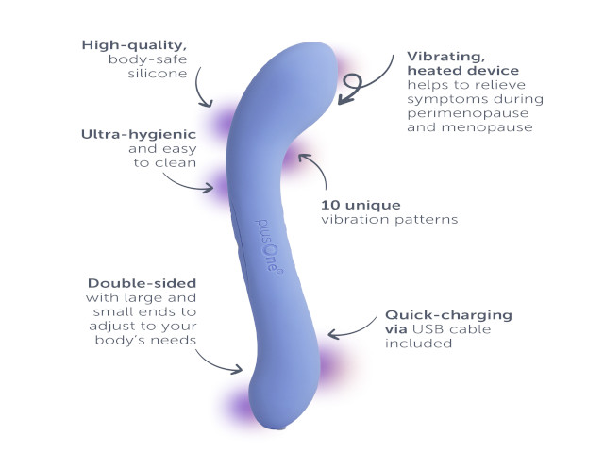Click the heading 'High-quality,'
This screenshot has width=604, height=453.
pyautogui.click(x=134, y=45)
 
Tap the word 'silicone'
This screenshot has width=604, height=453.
pyautogui.click(x=158, y=74)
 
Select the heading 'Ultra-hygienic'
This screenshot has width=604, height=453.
pyautogui.click(x=139, y=134)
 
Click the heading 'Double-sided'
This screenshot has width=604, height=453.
pyautogui.click(x=143, y=283)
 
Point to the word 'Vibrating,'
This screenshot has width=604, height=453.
pyautogui.click(x=446, y=57)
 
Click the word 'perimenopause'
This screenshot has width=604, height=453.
pyautogui.click(x=468, y=113)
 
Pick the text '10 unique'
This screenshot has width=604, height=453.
pyautogui.click(x=361, y=205)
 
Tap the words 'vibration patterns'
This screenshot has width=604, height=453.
pyautogui.click(x=390, y=220)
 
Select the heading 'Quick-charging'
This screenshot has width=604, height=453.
pyautogui.click(x=448, y=315)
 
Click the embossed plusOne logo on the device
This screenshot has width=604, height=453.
pyautogui.click(x=269, y=246)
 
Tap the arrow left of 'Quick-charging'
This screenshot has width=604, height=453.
pyautogui.click(x=351, y=331)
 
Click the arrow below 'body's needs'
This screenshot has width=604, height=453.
pyautogui.click(x=216, y=365)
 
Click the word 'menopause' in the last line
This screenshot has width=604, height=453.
pyautogui.click(x=487, y=127)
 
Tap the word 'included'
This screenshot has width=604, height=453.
pyautogui.click(x=418, y=344)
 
